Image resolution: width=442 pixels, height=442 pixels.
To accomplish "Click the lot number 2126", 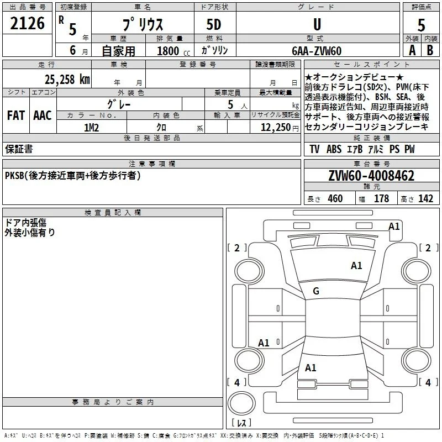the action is coord(27,23).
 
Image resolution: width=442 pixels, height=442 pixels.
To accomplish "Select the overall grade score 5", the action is coord(421,25).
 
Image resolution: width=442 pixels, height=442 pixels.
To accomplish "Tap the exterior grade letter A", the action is coord(412,50).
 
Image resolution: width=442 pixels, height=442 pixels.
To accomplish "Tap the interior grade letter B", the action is coord(430,50).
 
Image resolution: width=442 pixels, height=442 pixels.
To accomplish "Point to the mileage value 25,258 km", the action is coord(67,80).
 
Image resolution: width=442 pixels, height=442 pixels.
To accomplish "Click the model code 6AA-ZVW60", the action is coord(317,51).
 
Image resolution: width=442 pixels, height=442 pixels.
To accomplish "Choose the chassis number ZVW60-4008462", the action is coord(371,176).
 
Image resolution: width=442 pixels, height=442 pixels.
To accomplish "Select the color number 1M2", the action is coord(91,128).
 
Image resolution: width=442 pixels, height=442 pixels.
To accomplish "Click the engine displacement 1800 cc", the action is coord(173,51).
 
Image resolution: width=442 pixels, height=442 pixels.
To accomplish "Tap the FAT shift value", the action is coord(16,115).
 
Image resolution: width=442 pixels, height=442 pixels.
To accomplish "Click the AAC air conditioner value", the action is coord(43,115).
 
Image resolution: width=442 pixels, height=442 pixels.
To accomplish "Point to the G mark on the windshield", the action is coord(316,291).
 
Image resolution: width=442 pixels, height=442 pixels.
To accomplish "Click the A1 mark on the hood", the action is coord(356,266).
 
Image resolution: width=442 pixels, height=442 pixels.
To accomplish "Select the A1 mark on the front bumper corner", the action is coord(394,227).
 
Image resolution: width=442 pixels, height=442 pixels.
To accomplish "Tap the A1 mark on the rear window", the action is coord(311,368).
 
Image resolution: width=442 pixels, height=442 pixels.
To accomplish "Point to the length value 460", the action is coord(335,198).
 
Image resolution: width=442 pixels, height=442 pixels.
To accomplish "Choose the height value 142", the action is coord(425,198).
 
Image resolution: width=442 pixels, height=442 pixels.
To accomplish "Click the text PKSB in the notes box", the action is coord(14,176).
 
